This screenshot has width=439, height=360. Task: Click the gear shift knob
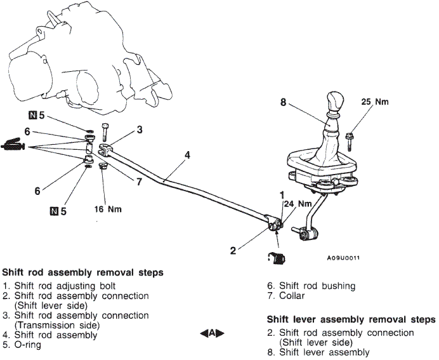334,102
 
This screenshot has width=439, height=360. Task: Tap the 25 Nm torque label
374,101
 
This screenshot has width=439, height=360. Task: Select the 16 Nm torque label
108,208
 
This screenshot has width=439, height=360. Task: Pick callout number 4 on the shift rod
188,154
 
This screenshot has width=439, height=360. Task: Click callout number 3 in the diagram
139,130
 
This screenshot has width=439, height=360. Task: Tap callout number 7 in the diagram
140,182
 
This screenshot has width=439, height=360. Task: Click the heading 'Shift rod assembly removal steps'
82,273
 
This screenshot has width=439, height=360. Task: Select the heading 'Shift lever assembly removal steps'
351,319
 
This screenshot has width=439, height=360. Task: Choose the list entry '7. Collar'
286,296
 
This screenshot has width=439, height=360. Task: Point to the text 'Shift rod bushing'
318,286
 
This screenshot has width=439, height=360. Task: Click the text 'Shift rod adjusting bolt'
63,286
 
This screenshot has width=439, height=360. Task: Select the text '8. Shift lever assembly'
318,352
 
